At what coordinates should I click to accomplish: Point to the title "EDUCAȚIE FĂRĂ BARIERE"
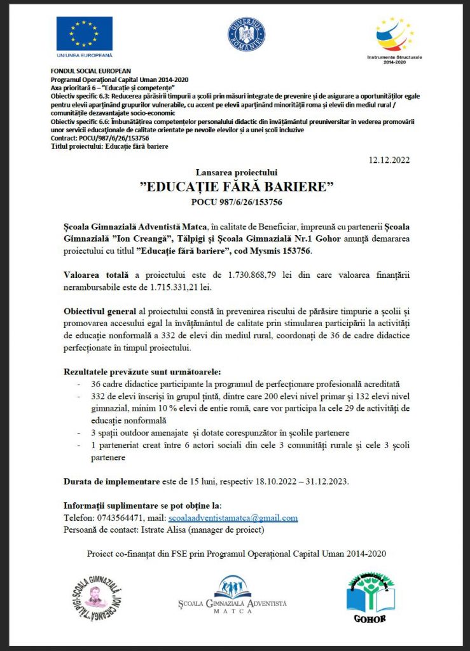[x=237, y=187]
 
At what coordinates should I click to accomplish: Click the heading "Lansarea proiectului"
[x=237, y=172]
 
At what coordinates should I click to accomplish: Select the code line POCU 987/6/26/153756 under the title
[x=237, y=202]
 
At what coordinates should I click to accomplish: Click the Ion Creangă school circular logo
[x=96, y=598]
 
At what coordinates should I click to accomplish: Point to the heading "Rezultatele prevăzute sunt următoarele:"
[x=151, y=371]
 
